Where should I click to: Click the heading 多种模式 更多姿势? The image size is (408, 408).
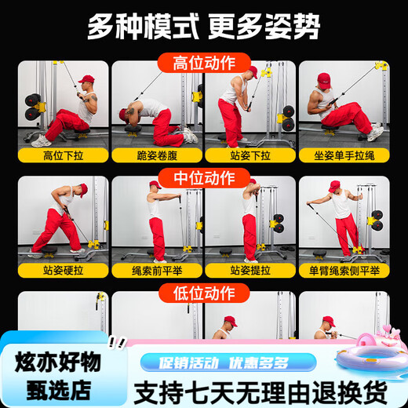pyautogui.click(x=203, y=27)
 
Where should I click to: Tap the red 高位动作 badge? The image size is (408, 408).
pyautogui.click(x=204, y=63)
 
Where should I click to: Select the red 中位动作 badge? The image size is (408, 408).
pyautogui.click(x=204, y=178)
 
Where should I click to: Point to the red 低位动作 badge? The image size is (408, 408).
pyautogui.click(x=204, y=293)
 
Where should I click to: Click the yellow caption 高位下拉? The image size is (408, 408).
pyautogui.click(x=63, y=155)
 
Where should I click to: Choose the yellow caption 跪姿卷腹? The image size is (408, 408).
pyautogui.click(x=157, y=155)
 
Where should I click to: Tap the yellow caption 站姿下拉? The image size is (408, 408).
pyautogui.click(x=250, y=155)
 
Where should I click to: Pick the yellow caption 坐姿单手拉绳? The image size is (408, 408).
pyautogui.click(x=344, y=155)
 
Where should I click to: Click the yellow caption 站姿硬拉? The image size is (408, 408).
pyautogui.click(x=63, y=271)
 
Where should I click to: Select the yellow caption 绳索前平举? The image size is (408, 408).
pyautogui.click(x=157, y=271)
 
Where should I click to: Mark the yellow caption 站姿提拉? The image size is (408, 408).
pyautogui.click(x=250, y=271)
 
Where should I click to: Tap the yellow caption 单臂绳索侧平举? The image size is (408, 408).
pyautogui.click(x=344, y=271)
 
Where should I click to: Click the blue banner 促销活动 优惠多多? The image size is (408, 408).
pyautogui.click(x=228, y=362)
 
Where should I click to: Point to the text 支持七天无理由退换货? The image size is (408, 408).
pyautogui.click(x=260, y=392)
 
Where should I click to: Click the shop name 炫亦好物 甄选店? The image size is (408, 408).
pyautogui.click(x=58, y=376)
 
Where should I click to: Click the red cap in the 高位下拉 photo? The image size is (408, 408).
pyautogui.click(x=86, y=78)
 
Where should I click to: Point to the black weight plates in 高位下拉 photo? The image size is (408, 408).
pyautogui.click(x=32, y=107)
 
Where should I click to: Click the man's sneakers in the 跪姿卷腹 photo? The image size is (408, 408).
pyautogui.click(x=191, y=135)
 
